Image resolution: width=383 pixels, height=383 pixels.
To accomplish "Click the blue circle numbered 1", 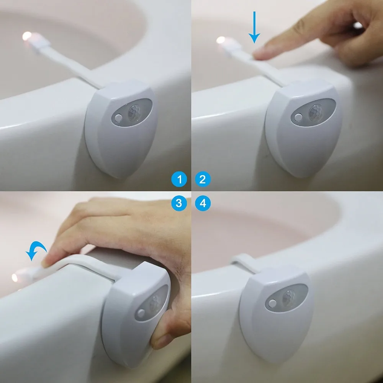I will point(179,179).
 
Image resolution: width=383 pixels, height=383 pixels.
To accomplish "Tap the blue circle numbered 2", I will point(203,179).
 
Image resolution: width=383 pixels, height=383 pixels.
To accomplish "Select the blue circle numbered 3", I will point(179,203).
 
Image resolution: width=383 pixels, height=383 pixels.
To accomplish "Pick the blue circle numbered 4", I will point(203,203).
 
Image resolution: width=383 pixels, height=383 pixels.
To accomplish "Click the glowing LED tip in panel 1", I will point(27,36).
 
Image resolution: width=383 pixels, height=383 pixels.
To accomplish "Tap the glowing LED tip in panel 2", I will point(221,40).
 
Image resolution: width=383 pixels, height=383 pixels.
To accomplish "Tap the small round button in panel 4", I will point(273,303).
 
